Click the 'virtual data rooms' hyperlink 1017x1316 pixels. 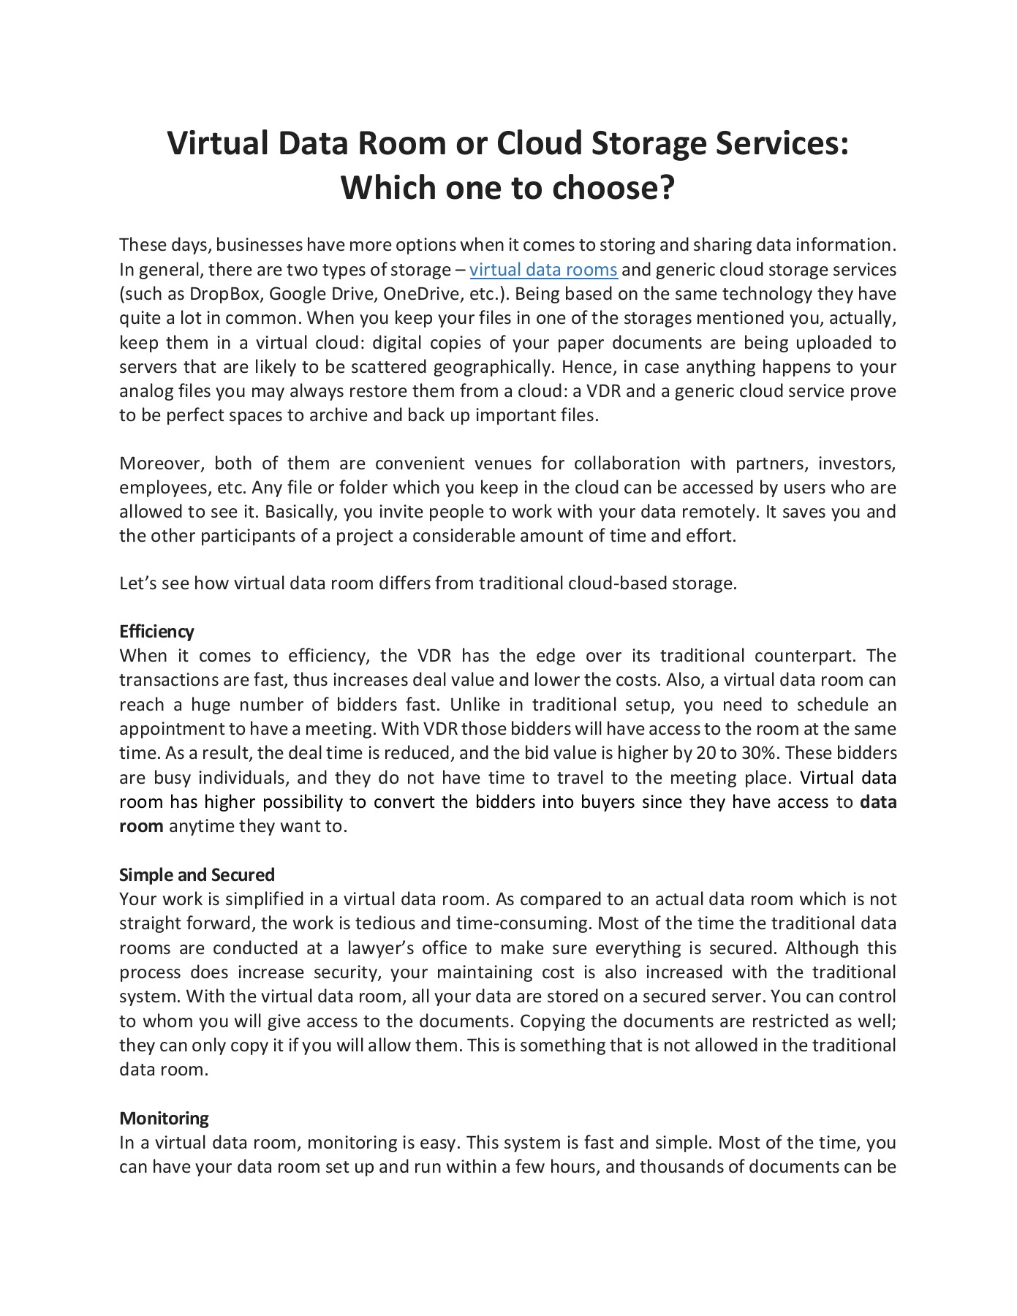click(543, 270)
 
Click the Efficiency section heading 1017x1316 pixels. click(156, 631)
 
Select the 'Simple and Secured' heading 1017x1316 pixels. click(197, 874)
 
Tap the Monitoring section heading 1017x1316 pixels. click(164, 1118)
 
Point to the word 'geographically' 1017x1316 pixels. click(491, 367)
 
